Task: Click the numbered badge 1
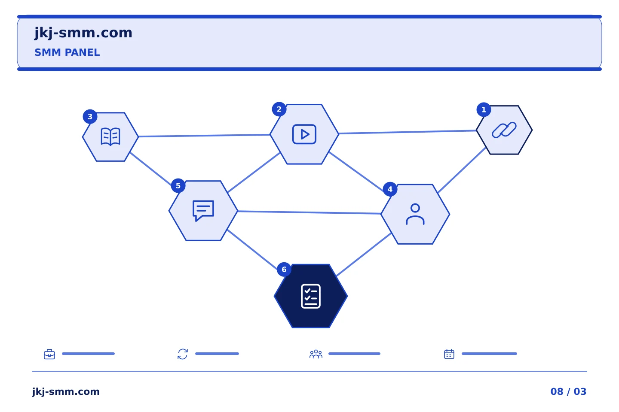tap(484, 109)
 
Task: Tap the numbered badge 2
tap(279, 109)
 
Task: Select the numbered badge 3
tap(90, 116)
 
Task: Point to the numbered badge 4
tap(390, 189)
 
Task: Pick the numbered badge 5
tap(178, 186)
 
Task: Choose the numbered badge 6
tap(284, 270)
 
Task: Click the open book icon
tap(110, 136)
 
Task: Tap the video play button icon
tap(304, 134)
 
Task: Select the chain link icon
tap(504, 130)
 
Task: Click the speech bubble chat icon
tap(203, 211)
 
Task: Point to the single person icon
tap(415, 214)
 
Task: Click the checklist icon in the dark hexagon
tap(311, 296)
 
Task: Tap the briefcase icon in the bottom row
tap(49, 354)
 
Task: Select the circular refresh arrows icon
tap(183, 354)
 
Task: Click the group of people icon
tap(316, 354)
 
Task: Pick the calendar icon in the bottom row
tap(449, 354)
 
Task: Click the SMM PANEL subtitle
tap(67, 52)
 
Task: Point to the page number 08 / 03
tap(568, 391)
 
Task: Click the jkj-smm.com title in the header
tap(83, 33)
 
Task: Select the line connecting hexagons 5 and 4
tap(309, 212)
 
